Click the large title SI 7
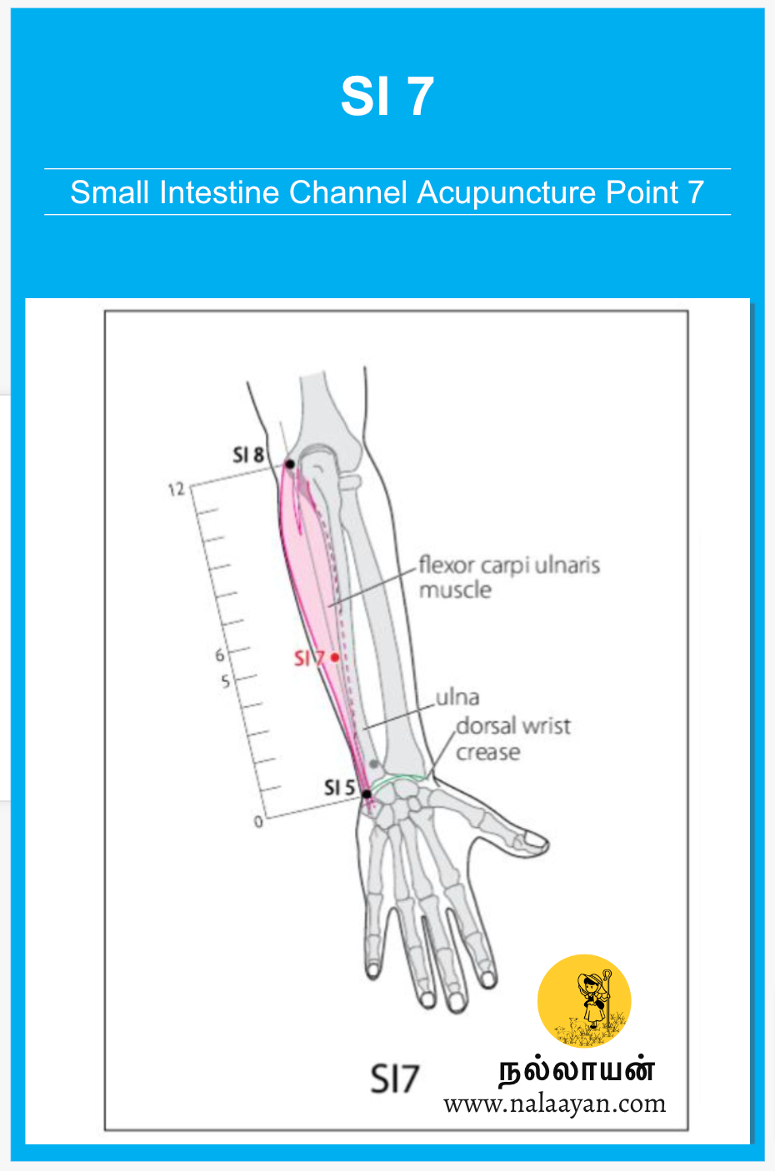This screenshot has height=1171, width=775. click(387, 97)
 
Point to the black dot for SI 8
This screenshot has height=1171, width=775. click(290, 464)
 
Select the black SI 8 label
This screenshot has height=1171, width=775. click(248, 455)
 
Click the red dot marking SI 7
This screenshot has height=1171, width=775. click(335, 657)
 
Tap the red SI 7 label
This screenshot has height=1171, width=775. click(308, 659)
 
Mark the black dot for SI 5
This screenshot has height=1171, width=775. click(366, 794)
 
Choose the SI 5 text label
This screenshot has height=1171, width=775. click(339, 787)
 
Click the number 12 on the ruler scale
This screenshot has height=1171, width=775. click(176, 490)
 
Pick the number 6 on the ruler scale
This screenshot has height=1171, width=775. click(220, 655)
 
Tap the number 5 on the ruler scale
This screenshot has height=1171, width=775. click(225, 682)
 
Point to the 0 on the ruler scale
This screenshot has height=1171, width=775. click(258, 822)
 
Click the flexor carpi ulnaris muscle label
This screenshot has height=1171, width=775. click(508, 577)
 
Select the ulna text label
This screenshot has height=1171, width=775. click(457, 697)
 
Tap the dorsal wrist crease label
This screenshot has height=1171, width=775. click(512, 739)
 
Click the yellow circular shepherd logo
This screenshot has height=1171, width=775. click(584, 1001)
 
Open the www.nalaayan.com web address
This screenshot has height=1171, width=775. click(554, 1104)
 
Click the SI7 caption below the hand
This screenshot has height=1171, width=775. click(394, 1079)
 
